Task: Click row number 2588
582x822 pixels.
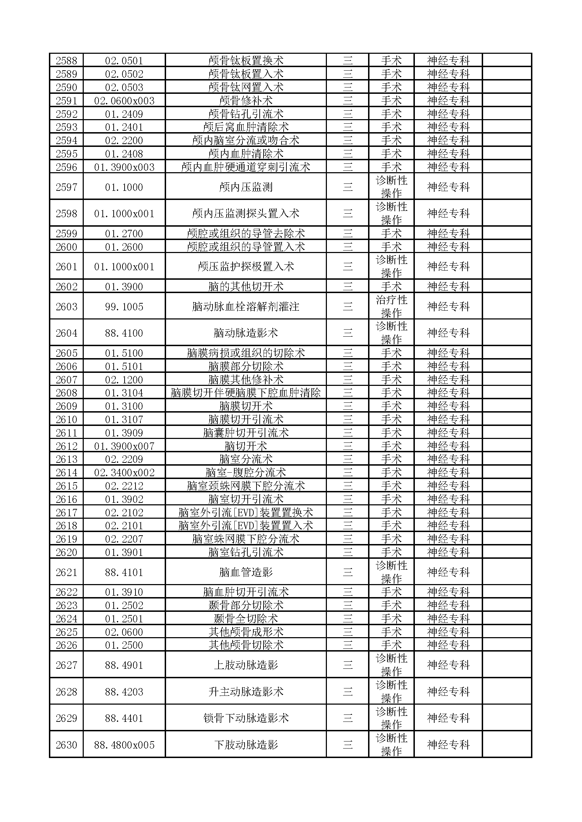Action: [x=66, y=60]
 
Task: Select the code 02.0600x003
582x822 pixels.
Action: [x=124, y=101]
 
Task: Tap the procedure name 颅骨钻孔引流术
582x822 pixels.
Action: [x=246, y=114]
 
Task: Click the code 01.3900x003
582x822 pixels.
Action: [x=124, y=167]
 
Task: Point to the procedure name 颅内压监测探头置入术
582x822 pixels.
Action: [x=246, y=214]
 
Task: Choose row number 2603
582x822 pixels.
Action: [x=66, y=307]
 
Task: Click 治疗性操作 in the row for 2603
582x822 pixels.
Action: [x=391, y=306]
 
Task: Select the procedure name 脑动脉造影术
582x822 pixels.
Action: [x=246, y=333]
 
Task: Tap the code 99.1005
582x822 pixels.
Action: [x=124, y=307]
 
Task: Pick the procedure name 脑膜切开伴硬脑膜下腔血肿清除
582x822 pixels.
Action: [x=246, y=393]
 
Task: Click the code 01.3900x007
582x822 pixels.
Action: [x=124, y=446]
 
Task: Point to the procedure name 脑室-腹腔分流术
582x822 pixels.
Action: [x=246, y=473]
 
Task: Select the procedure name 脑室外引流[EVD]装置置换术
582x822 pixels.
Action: [x=246, y=513]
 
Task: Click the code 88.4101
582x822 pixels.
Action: [x=124, y=572]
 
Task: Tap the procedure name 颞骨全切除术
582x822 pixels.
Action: [x=246, y=619]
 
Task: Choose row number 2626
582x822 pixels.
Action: [x=66, y=645]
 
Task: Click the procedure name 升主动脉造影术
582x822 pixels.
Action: [x=246, y=692]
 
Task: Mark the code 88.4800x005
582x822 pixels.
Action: [x=124, y=745]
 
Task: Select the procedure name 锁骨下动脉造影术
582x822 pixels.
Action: [x=246, y=718]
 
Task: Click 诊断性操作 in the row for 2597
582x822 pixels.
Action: [x=391, y=187]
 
